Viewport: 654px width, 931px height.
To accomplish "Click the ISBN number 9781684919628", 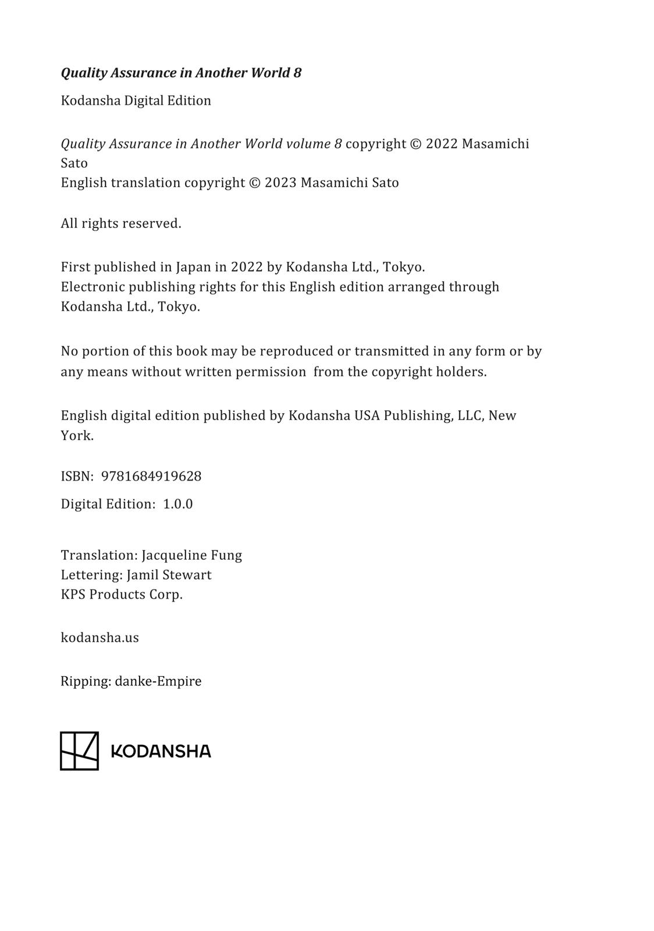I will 151,476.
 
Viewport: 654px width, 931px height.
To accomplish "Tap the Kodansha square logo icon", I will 79,751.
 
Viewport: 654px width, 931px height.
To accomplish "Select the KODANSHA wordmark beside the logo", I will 161,751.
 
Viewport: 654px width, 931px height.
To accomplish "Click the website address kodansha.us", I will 99,637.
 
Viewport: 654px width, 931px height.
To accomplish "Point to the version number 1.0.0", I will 177,504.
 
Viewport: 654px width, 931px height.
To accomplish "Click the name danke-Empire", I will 158,681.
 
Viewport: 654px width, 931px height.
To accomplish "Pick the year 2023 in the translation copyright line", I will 280,183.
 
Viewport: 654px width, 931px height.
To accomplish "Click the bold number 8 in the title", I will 297,73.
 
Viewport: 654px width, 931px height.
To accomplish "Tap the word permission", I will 271,372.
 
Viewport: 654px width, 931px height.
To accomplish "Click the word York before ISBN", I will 77,435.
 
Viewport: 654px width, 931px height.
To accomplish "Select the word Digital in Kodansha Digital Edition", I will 144,101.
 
